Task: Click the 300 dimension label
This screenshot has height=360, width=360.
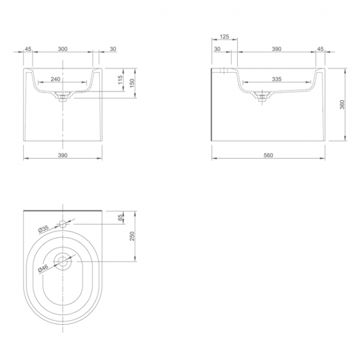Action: [63, 49]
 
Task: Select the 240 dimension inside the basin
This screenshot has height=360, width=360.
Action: [55, 79]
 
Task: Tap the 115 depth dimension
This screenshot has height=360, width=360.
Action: [121, 80]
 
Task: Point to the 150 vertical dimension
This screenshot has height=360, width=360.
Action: [132, 83]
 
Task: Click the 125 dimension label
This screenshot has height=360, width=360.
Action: [224, 37]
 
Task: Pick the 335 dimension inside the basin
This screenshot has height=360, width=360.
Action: [277, 79]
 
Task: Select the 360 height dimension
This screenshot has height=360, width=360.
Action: [342, 105]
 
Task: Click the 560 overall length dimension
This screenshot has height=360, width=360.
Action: [268, 156]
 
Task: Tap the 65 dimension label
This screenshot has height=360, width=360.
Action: [121, 218]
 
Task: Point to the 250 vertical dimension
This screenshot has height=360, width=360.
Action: [132, 236]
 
